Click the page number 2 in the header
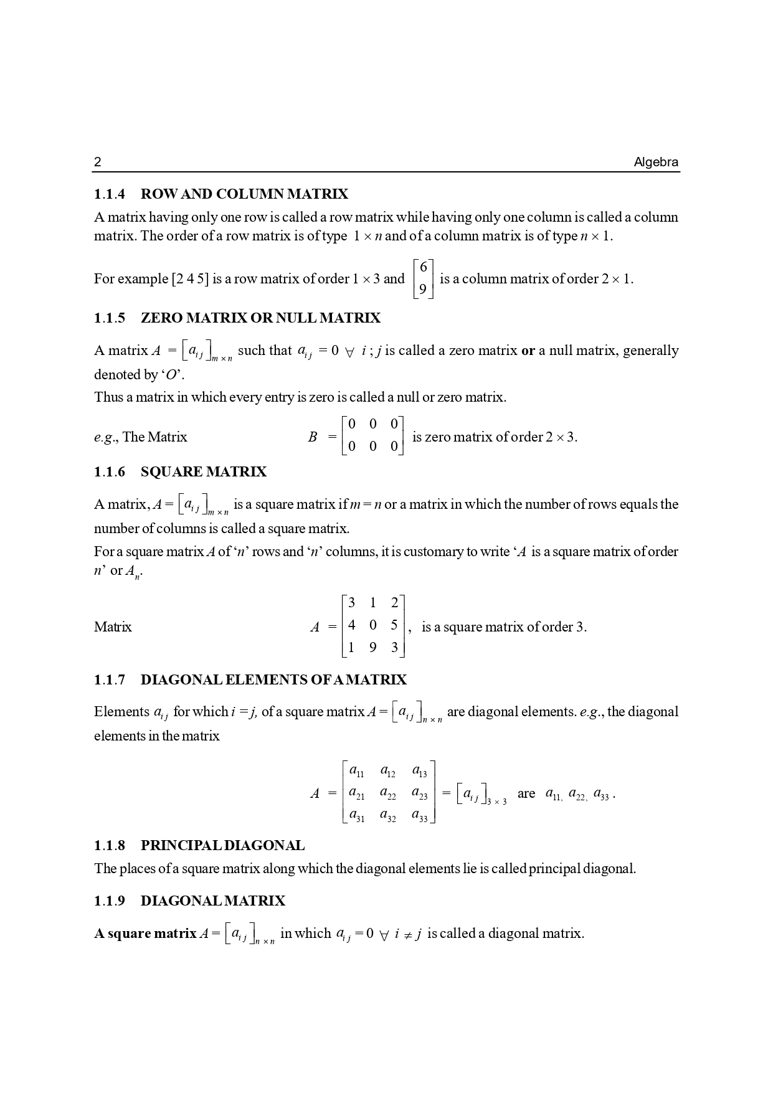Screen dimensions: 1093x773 click(97, 163)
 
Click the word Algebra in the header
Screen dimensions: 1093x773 click(656, 163)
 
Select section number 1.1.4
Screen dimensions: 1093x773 click(110, 194)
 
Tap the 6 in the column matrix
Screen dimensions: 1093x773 click(424, 267)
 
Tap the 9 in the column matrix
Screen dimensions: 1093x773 click(424, 290)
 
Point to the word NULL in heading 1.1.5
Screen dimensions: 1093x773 click(296, 318)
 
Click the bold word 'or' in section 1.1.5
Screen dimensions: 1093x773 click(528, 351)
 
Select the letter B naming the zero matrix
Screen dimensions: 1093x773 click(313, 437)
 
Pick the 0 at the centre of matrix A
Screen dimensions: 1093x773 click(372, 625)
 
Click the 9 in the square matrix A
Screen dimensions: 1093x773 click(372, 648)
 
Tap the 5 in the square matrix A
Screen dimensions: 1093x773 click(394, 625)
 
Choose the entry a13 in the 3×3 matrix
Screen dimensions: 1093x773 click(419, 771)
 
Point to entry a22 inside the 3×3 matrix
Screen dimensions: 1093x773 click(387, 793)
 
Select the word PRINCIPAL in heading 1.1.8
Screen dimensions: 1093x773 click(181, 846)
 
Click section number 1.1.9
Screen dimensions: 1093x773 click(110, 901)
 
